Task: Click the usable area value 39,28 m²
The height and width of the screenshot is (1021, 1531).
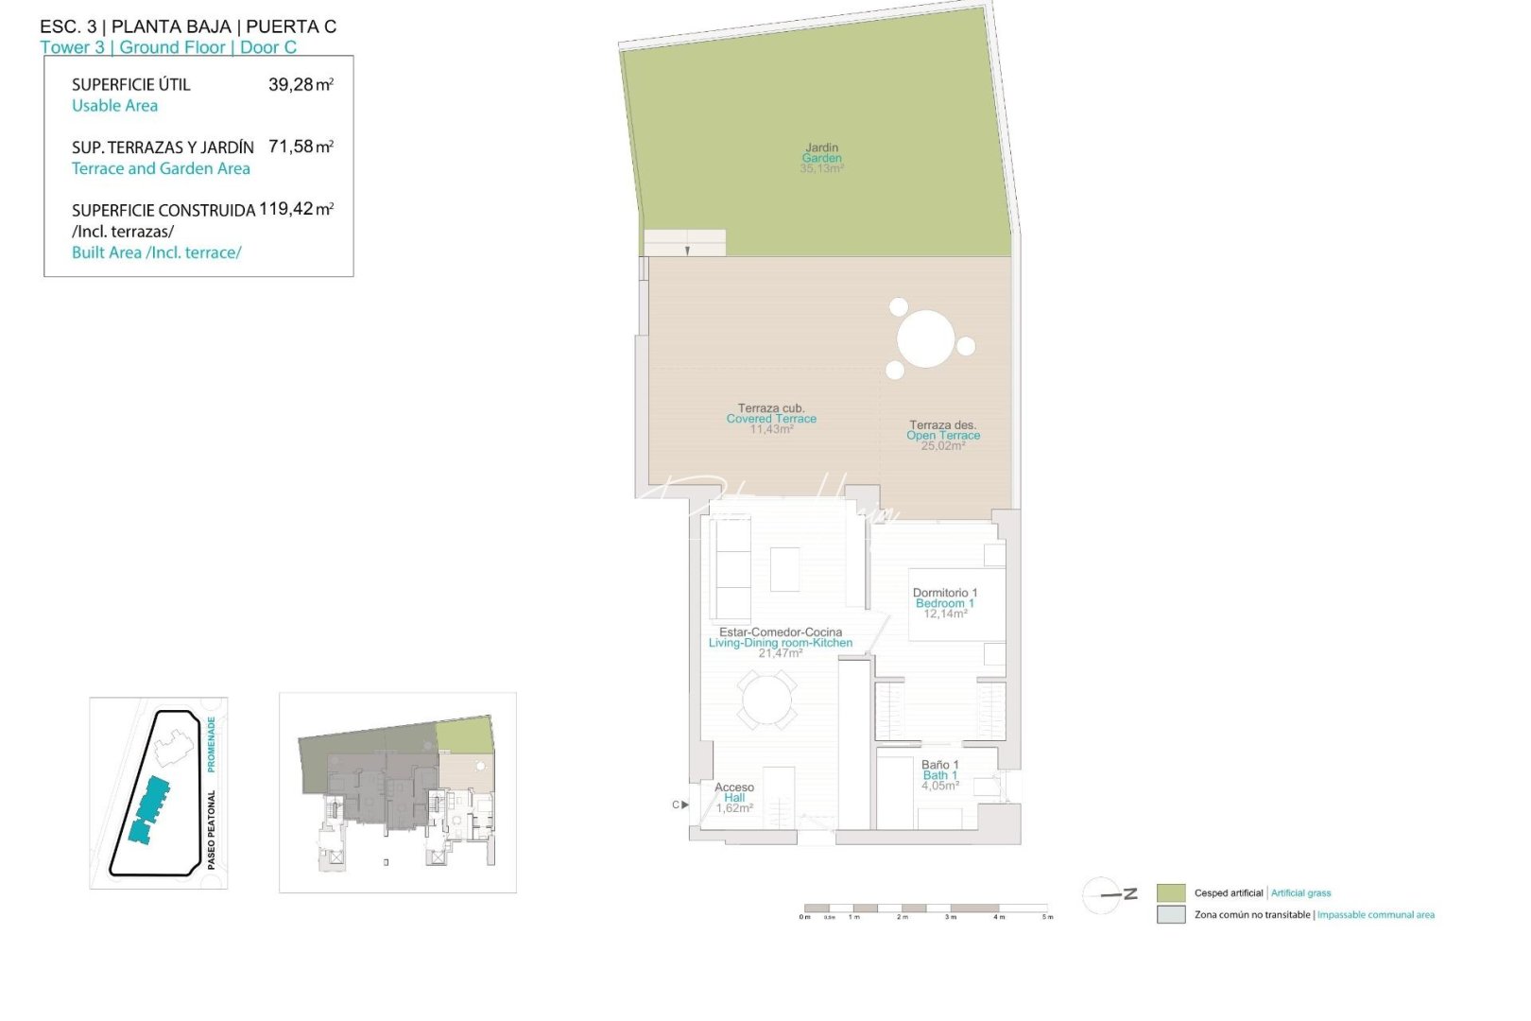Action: pos(301,84)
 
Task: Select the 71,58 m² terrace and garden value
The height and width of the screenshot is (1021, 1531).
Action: pos(301,147)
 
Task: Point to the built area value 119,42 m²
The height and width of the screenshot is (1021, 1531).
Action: pos(296,209)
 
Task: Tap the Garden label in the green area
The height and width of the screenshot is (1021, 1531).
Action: pos(821,158)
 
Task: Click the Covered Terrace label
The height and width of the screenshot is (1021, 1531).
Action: pos(771,419)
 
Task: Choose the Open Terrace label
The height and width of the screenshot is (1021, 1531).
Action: pos(943,435)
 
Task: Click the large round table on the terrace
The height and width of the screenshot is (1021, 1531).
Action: pos(925,338)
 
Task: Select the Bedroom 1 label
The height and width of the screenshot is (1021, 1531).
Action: pos(944,603)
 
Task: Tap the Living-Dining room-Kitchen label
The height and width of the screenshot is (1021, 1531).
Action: pos(781,643)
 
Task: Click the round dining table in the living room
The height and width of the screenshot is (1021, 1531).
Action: pos(766,701)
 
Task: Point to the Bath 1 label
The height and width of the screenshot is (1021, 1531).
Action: pos(939,775)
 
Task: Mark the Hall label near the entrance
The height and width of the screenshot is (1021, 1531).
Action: pos(734,798)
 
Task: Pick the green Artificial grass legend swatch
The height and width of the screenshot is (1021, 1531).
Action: pos(1170,892)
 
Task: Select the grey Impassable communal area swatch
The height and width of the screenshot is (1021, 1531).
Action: pos(1170,914)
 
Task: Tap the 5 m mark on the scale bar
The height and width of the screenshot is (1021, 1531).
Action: pos(1047,917)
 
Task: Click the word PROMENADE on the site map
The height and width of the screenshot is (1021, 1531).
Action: pos(212,744)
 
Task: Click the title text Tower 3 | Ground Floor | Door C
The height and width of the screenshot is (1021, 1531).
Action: pos(168,47)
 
